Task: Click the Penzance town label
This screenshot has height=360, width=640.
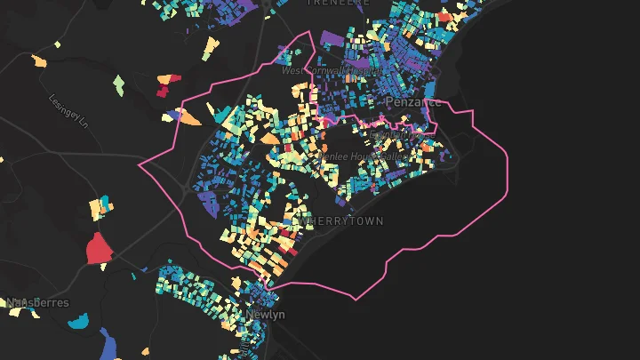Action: [412, 102]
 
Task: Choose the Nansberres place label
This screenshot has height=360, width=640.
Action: [37, 303]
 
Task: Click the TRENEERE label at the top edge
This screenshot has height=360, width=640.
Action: [337, 4]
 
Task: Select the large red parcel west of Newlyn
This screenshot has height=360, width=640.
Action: [98, 250]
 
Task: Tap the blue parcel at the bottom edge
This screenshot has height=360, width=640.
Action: [111, 347]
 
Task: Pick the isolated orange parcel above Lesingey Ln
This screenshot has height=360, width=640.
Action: [39, 62]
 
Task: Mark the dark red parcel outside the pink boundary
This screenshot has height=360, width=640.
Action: [163, 89]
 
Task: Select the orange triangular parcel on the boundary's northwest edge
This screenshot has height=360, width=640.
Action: [189, 116]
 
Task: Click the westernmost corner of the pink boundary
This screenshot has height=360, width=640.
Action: [139, 165]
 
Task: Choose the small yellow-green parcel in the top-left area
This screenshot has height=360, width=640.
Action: [58, 44]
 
